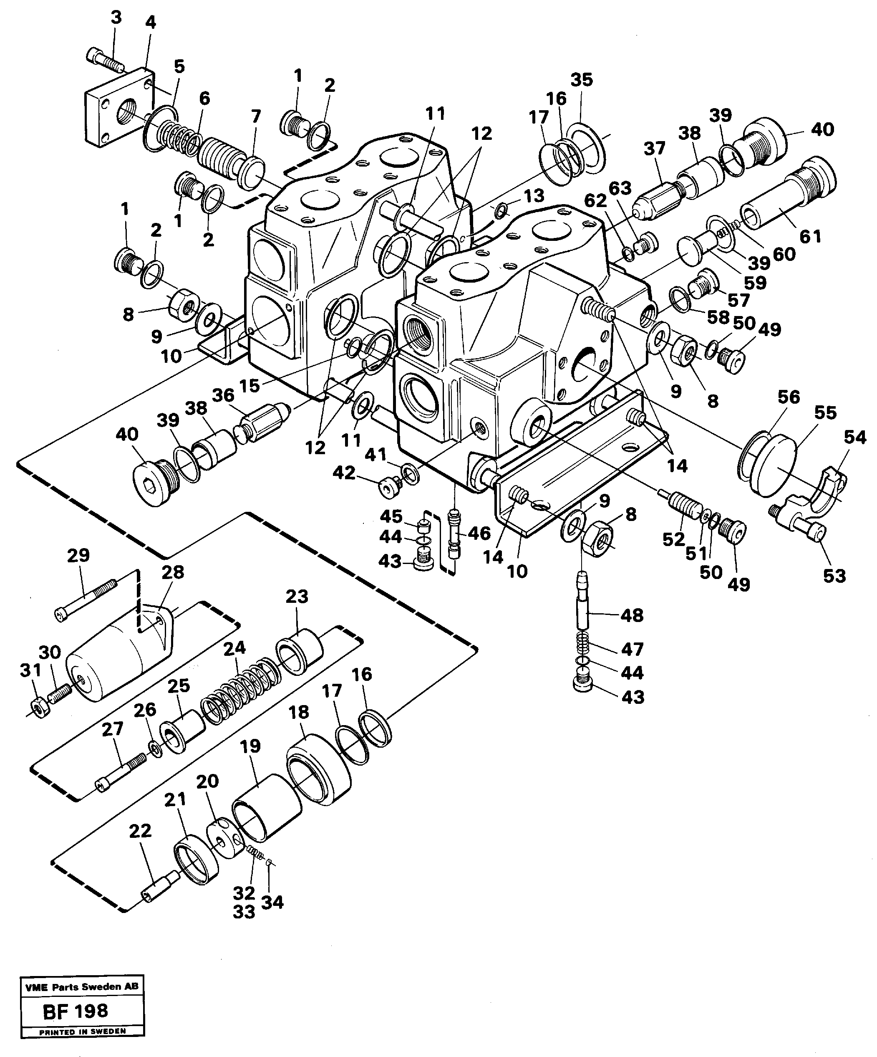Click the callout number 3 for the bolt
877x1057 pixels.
point(116,18)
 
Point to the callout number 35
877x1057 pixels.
point(582,80)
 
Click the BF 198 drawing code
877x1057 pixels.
point(76,1011)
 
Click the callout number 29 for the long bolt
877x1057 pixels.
point(78,555)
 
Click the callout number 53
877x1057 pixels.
point(834,575)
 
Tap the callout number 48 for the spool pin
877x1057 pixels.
point(632,615)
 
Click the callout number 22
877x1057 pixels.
point(140,830)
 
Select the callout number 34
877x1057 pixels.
point(273,902)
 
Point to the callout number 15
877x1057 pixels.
point(249,386)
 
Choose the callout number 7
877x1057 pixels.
point(256,117)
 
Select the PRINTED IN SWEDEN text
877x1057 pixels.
point(82,1031)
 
